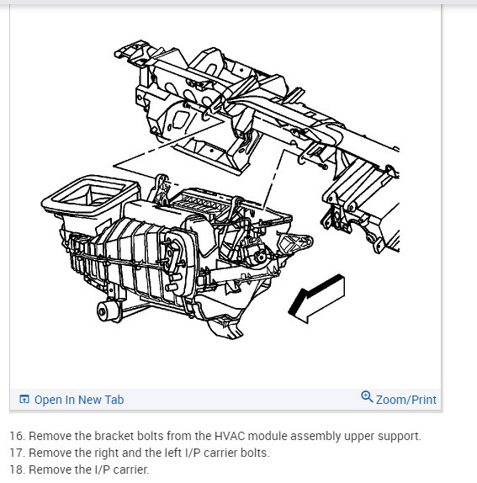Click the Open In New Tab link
pos(79,400)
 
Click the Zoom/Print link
pos(406,400)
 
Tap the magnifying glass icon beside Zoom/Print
pos(367,397)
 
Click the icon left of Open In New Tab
pos(24,399)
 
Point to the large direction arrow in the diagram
pos(316,299)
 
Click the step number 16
pos(17,436)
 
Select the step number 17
pos(17,453)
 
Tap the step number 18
pos(17,470)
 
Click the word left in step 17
pos(172,453)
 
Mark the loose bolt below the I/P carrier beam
pos(323,167)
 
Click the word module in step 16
pos(268,436)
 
